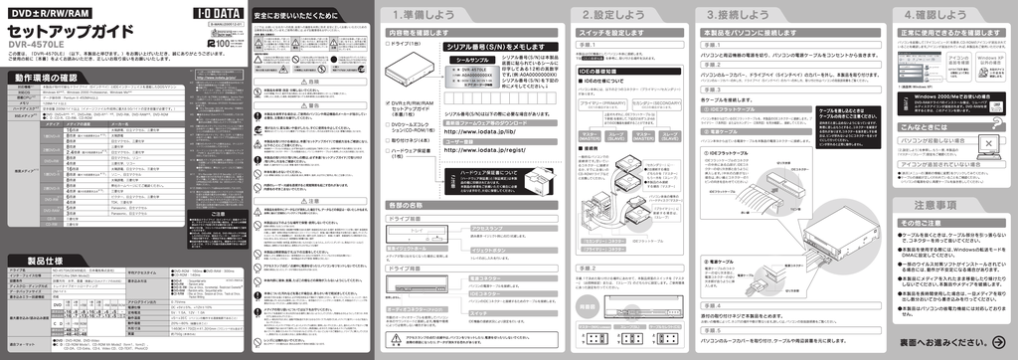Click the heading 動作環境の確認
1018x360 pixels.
click(46, 77)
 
